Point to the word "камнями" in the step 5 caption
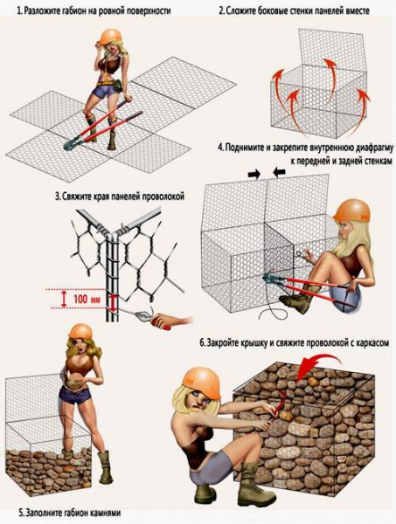106,513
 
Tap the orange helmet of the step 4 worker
351,210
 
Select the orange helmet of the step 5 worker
80,331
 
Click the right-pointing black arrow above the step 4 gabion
254,174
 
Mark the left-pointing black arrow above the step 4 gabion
279,172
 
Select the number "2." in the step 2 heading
222,11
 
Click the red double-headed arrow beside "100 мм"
64,299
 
